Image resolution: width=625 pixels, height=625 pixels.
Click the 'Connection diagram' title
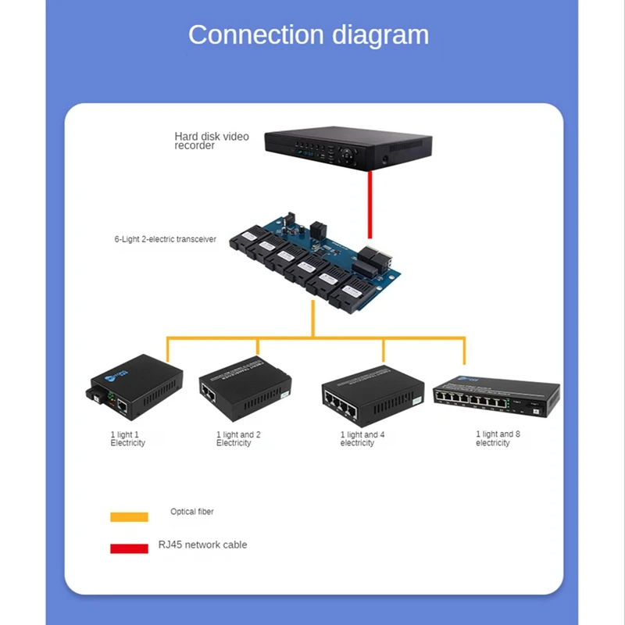(308, 35)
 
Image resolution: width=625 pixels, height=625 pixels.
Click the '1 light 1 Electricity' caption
(127, 438)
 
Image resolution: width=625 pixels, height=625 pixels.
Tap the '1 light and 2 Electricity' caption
(238, 438)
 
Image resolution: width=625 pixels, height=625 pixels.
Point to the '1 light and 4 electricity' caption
(362, 438)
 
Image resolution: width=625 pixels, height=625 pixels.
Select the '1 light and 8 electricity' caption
(495, 438)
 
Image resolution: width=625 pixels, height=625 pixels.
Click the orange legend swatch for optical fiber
(129, 516)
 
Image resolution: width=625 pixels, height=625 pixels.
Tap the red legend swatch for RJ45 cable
(129, 548)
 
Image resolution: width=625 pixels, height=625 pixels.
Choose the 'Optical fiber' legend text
(191, 512)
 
